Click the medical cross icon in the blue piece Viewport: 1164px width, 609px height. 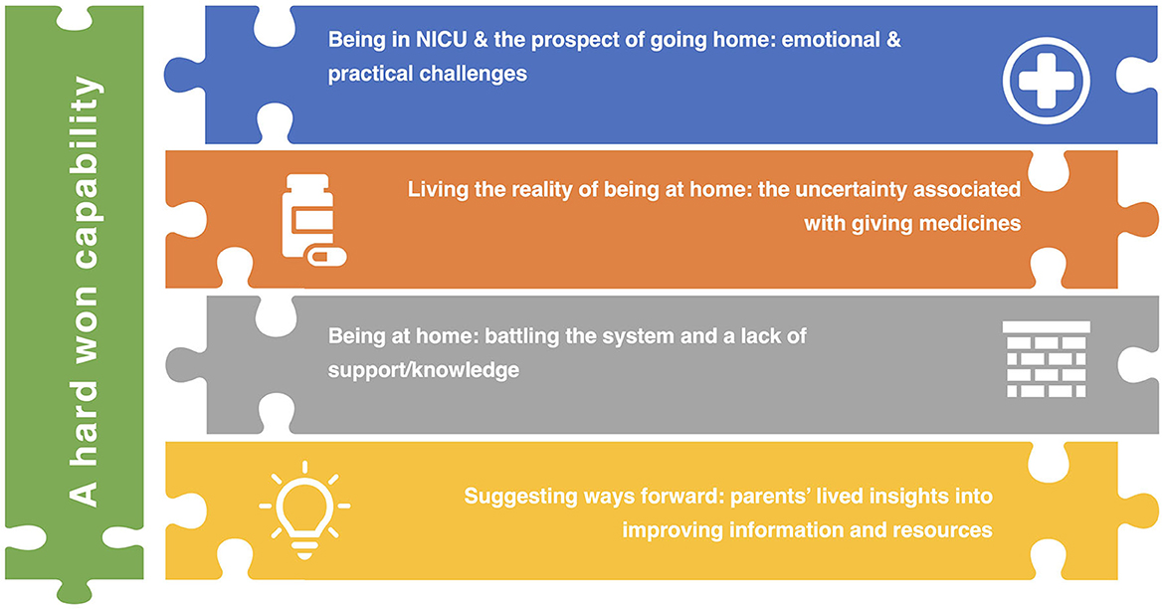(x=1046, y=81)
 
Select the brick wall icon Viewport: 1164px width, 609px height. (x=1046, y=359)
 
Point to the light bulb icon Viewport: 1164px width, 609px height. (x=304, y=509)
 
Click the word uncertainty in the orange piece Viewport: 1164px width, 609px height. (x=848, y=189)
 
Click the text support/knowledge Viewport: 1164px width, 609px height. (x=423, y=370)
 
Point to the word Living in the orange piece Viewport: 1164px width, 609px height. (x=438, y=189)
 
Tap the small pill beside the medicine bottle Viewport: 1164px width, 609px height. (x=327, y=257)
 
